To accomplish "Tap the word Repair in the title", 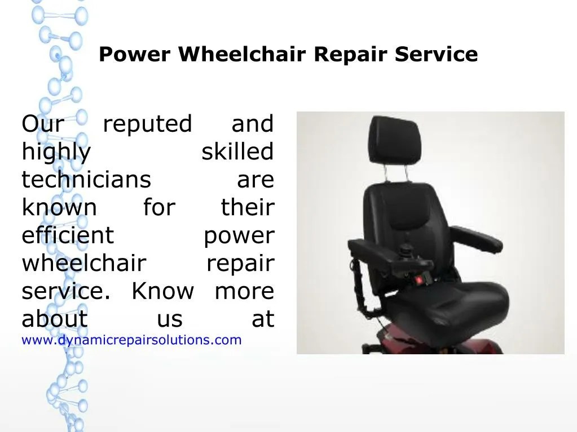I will click(353, 55).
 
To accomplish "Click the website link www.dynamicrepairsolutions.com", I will click(131, 340).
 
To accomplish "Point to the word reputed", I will click(147, 124).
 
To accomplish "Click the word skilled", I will click(237, 152).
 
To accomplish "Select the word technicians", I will click(86, 180).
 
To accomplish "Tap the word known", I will click(59, 208).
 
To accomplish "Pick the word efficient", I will click(68, 235).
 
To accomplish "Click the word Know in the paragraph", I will click(162, 292).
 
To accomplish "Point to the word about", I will click(55, 319).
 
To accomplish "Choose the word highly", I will click(56, 153).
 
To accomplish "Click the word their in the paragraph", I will click(247, 208).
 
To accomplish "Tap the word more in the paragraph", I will click(244, 292).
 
